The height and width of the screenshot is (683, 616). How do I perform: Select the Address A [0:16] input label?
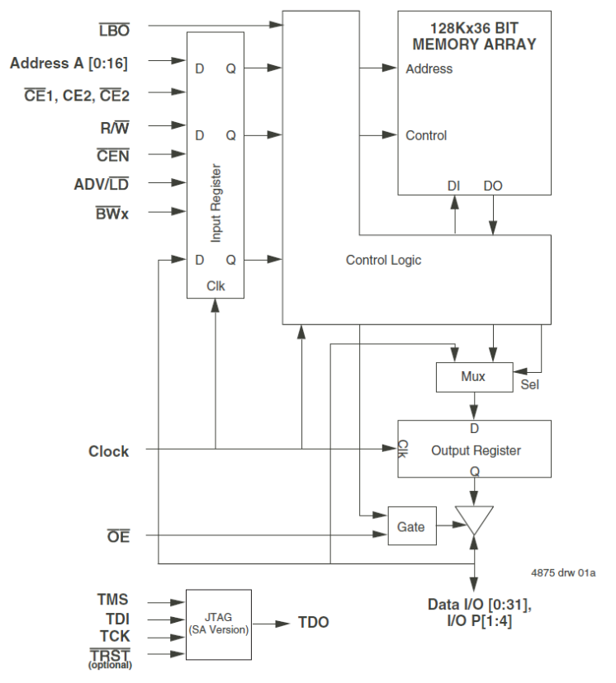[x=69, y=62]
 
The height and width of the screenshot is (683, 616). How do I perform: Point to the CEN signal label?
[x=112, y=154]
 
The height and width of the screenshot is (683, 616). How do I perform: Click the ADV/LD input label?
[x=102, y=183]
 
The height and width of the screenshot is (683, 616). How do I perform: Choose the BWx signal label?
[x=111, y=212]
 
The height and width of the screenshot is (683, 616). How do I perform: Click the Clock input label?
[x=108, y=451]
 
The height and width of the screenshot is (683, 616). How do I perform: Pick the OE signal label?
[x=118, y=538]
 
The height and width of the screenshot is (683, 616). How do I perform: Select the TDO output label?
[x=313, y=622]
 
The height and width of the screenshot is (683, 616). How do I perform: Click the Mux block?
[x=473, y=377]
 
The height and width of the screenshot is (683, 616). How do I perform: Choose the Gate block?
[x=411, y=526]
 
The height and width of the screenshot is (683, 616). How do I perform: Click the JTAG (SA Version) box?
[x=218, y=624]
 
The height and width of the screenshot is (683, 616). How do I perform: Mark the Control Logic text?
[x=383, y=261]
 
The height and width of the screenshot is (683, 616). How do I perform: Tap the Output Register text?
[x=476, y=450]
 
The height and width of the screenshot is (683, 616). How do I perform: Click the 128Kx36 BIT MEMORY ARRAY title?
[x=473, y=36]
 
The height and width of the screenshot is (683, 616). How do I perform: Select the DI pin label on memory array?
[x=453, y=186]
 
